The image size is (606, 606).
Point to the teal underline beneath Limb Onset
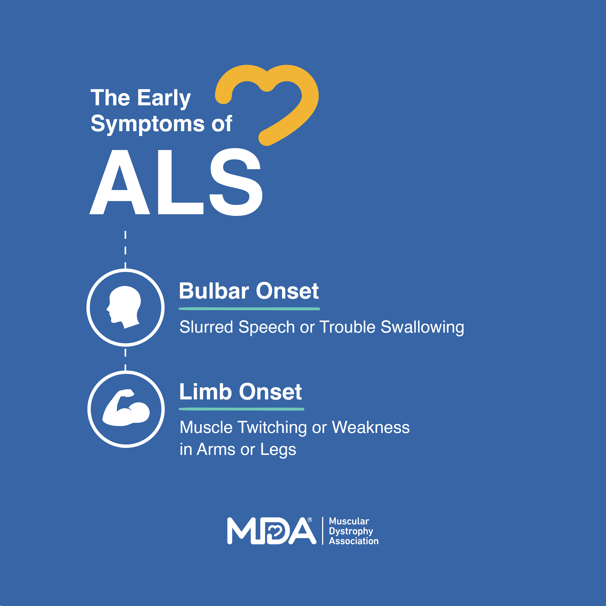click(241, 409)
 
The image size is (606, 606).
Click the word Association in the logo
click(353, 541)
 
